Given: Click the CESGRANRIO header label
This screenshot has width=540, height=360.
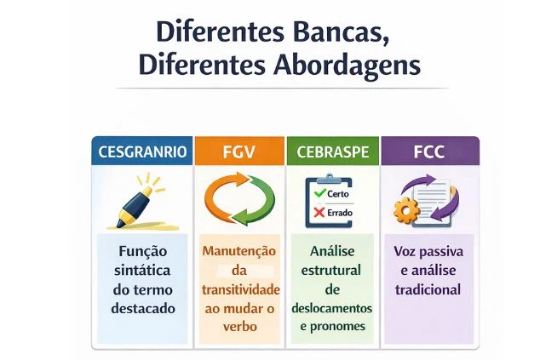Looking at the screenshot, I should (141, 152).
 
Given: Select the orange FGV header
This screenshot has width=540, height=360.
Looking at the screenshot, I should (238, 152).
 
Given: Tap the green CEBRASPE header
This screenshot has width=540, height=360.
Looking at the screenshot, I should (332, 152).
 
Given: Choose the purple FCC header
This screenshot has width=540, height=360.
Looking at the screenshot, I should (429, 152).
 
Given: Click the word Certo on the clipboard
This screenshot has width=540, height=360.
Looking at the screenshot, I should (339, 194).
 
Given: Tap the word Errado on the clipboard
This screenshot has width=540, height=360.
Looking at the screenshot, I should (340, 213).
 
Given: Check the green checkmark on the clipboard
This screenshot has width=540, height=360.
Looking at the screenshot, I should (320, 194).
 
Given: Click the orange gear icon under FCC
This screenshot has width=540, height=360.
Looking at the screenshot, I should (405, 209).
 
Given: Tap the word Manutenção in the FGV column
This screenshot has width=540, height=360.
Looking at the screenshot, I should (239, 252).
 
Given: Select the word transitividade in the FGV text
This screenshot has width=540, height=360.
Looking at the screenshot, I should (239, 289).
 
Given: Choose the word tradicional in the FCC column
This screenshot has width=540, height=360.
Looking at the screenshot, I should (428, 289).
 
